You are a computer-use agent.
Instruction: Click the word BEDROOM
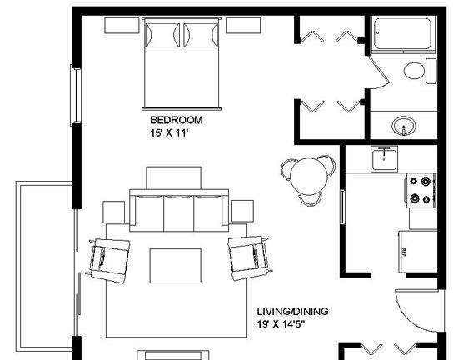177,120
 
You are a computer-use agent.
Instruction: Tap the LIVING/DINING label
292,312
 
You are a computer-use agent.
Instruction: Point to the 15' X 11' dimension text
168,133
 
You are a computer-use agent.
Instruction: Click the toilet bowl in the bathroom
414,71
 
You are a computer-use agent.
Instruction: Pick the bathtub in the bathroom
403,34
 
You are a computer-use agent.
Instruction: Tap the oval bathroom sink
404,126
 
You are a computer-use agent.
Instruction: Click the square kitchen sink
385,159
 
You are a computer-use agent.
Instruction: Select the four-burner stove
421,190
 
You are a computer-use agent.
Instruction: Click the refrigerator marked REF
418,252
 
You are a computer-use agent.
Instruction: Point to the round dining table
308,177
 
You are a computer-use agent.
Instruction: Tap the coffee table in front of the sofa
175,266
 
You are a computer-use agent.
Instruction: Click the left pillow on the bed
162,35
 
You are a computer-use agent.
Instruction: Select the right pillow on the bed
201,35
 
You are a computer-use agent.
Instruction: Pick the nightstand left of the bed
122,25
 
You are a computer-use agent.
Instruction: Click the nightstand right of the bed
243,25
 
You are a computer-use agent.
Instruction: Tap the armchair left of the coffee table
108,261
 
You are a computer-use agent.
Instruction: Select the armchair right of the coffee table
249,258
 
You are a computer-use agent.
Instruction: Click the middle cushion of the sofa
179,212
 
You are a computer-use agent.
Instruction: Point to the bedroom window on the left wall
75,96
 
